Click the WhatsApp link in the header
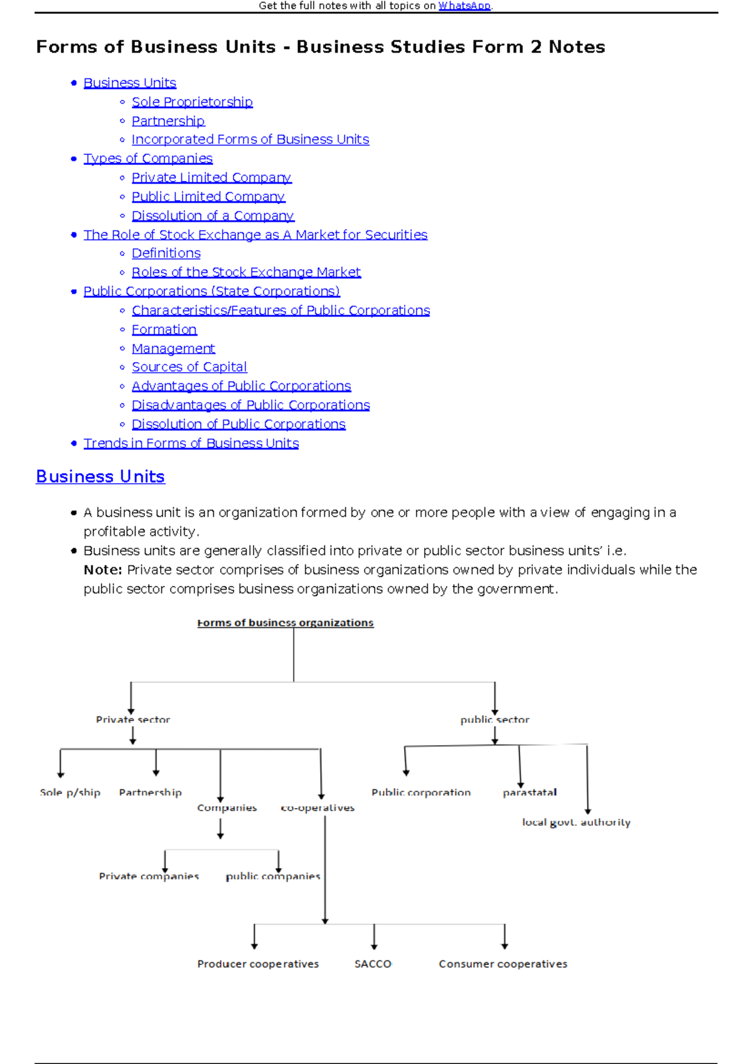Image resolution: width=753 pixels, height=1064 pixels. pyautogui.click(x=464, y=6)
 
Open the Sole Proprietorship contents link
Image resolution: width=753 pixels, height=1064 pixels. pyautogui.click(x=192, y=102)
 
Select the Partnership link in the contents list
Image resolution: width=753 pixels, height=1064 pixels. pyautogui.click(x=168, y=120)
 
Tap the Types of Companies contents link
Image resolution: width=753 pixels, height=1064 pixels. pyautogui.click(x=148, y=158)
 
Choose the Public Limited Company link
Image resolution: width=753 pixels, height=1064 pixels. pyautogui.click(x=208, y=196)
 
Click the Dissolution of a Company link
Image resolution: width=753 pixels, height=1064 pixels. pyautogui.click(x=213, y=215)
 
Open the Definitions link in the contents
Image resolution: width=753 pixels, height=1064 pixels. pyautogui.click(x=166, y=253)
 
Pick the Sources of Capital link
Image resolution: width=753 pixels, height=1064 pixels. pyautogui.click(x=190, y=366)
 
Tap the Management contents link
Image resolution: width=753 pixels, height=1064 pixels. pyautogui.click(x=173, y=348)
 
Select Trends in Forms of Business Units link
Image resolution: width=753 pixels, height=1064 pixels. pyautogui.click(x=191, y=443)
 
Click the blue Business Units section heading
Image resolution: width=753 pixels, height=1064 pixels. pyautogui.click(x=100, y=476)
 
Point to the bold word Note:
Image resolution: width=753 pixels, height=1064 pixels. pyautogui.click(x=103, y=570)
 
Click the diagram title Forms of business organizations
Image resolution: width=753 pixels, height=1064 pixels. pyautogui.click(x=286, y=622)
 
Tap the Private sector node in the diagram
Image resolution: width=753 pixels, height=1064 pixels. pyautogui.click(x=133, y=720)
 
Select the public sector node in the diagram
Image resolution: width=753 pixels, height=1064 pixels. pyautogui.click(x=494, y=720)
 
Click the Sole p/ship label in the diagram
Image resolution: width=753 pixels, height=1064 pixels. pyautogui.click(x=70, y=792)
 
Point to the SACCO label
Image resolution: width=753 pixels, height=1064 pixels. pyautogui.click(x=373, y=964)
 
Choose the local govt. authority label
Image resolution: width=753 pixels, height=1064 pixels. pyautogui.click(x=576, y=822)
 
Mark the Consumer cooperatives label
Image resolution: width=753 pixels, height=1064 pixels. pyautogui.click(x=503, y=964)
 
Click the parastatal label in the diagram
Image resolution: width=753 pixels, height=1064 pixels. pyautogui.click(x=530, y=792)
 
